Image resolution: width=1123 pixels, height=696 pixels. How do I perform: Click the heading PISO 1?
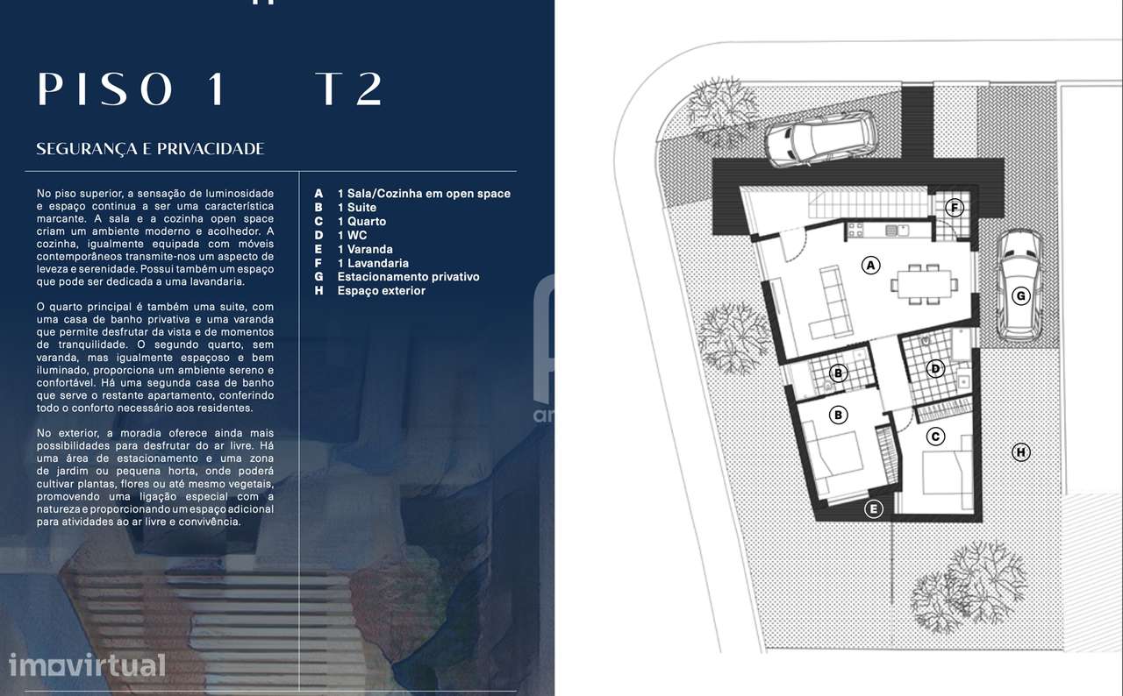click(x=131, y=89)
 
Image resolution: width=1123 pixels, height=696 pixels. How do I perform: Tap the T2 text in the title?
click(x=350, y=89)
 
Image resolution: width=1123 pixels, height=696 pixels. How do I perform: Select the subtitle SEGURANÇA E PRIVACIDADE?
click(x=150, y=149)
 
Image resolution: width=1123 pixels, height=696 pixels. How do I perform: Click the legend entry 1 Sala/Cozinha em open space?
click(x=423, y=194)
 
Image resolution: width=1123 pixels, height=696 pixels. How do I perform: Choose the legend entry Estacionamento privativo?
click(x=408, y=277)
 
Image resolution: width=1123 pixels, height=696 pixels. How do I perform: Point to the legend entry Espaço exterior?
click(x=381, y=291)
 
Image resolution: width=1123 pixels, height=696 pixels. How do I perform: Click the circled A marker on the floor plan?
click(x=870, y=265)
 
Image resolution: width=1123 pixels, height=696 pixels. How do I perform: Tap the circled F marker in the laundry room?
click(x=955, y=208)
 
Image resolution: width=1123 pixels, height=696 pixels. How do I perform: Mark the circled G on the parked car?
click(x=1020, y=296)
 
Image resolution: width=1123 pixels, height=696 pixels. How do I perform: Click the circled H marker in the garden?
click(x=1020, y=452)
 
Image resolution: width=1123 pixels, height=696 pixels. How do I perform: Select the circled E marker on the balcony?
click(x=873, y=508)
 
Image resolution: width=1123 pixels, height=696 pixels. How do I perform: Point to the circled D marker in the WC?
click(x=936, y=369)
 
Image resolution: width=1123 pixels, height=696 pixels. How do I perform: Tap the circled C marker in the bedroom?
click(x=936, y=436)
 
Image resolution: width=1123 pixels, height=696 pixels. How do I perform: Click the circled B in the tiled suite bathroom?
click(x=839, y=373)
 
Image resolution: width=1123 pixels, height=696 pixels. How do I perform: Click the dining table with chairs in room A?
click(x=921, y=283)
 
